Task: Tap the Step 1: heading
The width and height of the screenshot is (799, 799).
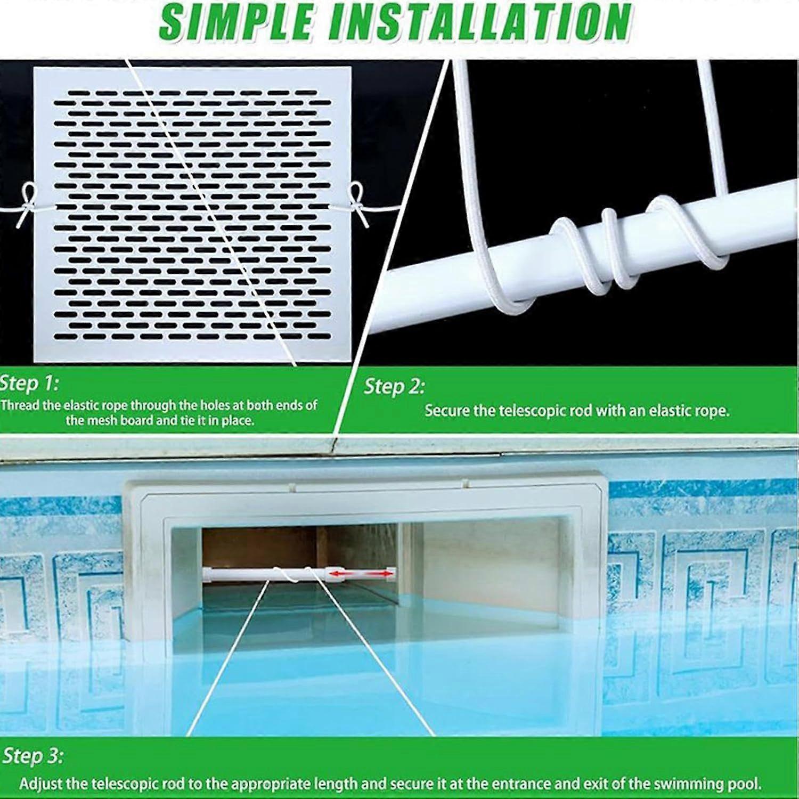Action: point(29,383)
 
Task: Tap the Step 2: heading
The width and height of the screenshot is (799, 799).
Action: point(394,386)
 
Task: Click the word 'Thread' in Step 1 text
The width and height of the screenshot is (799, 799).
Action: point(20,405)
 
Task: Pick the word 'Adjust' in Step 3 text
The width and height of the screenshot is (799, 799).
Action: point(37,784)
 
